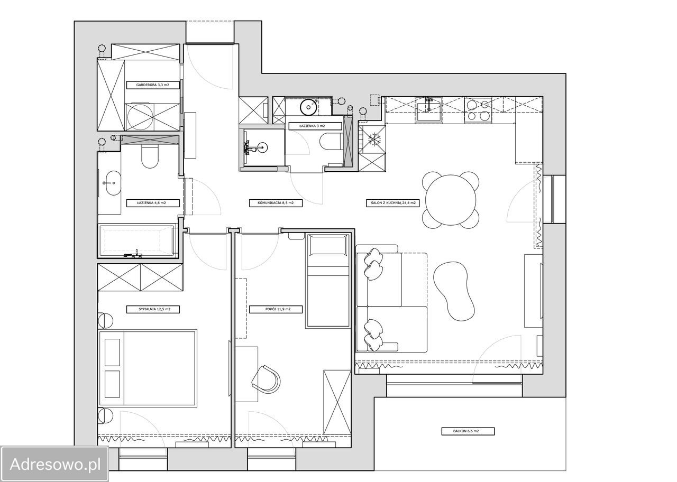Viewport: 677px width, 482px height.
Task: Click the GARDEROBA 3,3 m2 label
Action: [153, 85]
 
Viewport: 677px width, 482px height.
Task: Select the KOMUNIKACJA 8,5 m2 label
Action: [276, 203]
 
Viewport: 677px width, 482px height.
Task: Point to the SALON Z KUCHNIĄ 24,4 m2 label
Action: [393, 203]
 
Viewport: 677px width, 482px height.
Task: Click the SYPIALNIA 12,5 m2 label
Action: [153, 309]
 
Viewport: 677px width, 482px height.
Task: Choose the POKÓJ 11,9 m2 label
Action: [276, 309]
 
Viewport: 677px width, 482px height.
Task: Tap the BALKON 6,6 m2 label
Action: [468, 431]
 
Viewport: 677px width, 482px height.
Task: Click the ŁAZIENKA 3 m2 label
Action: [312, 126]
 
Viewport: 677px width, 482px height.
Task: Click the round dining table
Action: [451, 200]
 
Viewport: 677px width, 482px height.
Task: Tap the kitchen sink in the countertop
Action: [428, 109]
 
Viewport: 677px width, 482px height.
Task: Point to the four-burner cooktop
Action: [478, 110]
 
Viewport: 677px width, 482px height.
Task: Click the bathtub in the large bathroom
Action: [138, 240]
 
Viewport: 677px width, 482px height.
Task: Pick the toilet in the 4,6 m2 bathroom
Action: [150, 156]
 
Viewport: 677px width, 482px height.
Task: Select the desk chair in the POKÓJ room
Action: [266, 379]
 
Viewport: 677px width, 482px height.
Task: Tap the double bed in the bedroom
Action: [148, 367]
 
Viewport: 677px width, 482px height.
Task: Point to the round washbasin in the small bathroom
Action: [308, 107]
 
